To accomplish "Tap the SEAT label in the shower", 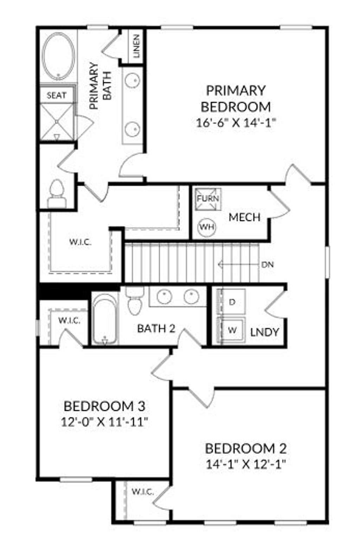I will click(x=57, y=95).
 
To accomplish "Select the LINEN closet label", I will click(x=136, y=46).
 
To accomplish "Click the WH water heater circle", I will click(x=207, y=227).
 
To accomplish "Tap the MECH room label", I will click(x=244, y=217).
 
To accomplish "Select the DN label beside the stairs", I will click(x=268, y=264).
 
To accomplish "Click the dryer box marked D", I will click(x=232, y=302).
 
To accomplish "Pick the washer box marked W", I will click(x=232, y=330).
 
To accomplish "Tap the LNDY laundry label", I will click(x=265, y=332).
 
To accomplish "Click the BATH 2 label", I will click(x=156, y=329).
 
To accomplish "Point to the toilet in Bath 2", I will click(x=135, y=302).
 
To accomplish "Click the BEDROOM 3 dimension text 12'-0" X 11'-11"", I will click(x=104, y=422).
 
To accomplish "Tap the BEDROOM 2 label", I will click(x=245, y=449).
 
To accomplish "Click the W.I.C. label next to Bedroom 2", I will click(x=143, y=492).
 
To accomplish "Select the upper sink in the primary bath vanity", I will click(x=133, y=81).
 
